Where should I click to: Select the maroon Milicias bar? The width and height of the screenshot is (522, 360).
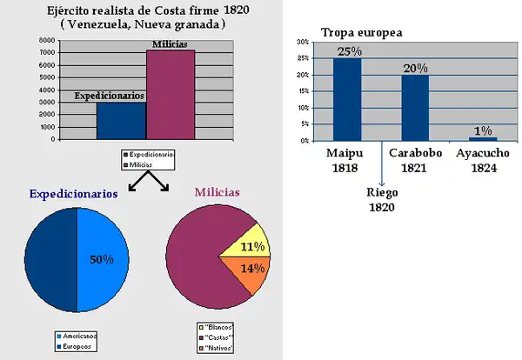(170, 94)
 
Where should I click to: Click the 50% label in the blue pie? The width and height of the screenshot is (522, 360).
(103, 258)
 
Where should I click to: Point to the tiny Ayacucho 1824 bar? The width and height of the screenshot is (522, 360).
(483, 138)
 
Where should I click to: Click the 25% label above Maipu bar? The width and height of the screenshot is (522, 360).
(347, 51)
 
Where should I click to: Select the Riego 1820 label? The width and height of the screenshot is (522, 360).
(381, 200)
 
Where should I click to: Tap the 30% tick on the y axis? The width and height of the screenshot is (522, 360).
(301, 42)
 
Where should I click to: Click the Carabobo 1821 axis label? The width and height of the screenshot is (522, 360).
(414, 161)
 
